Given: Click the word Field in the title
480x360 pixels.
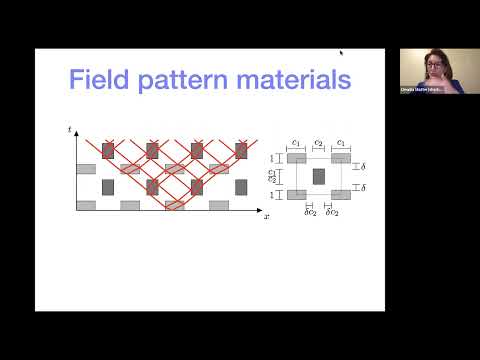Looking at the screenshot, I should tap(105, 79).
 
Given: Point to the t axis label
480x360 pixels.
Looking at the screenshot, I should tap(70, 130).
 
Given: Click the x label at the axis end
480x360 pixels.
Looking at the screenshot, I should tap(267, 215).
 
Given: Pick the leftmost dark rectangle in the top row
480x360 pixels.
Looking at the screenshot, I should tap(109, 150).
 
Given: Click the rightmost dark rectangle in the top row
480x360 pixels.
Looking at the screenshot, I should tap(241, 150).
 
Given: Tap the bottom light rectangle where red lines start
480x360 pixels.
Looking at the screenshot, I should tap(175, 205).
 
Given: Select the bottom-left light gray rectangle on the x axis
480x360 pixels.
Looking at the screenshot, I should tap(87, 205).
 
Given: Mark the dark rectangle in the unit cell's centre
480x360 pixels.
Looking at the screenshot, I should tap(318, 177).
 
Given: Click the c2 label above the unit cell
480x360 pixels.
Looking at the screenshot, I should tap(318, 143).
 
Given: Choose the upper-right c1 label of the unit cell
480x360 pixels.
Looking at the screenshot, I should tap(342, 143).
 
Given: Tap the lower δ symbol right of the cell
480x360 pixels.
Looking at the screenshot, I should tap(362, 188).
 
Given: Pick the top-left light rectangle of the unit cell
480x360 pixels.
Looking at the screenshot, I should tap(296, 158).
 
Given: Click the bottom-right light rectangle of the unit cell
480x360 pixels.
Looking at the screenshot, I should tap(341, 195).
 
